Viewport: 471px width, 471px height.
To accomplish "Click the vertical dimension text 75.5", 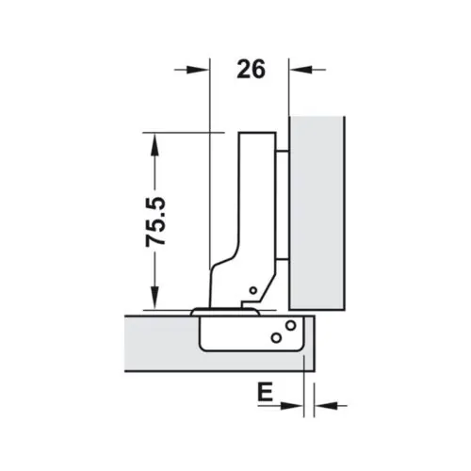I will pyautogui.click(x=155, y=221).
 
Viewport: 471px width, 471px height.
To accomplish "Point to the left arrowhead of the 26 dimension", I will pyautogui.click(x=197, y=68).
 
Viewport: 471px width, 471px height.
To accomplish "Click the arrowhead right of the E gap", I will pyautogui.click(x=318, y=407).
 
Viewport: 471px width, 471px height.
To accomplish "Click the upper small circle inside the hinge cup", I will pyautogui.click(x=290, y=326).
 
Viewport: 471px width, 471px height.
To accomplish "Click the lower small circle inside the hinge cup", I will pyautogui.click(x=275, y=336).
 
